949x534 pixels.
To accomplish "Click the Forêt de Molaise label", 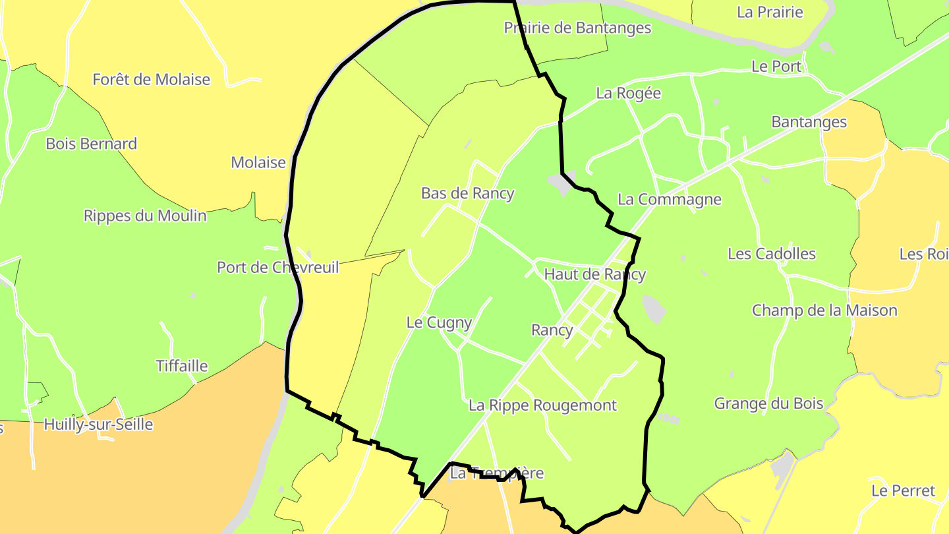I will coord(151,80).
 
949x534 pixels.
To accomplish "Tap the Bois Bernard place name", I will coord(91,144).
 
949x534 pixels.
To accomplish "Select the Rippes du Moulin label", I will coord(145,216).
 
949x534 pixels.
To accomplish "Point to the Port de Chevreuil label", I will coord(278,267).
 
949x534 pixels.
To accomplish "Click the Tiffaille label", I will coord(181,366).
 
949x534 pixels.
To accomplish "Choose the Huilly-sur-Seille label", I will coord(98,425).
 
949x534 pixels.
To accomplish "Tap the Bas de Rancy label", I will coord(467,193).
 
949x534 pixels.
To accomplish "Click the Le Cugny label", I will coord(439,322).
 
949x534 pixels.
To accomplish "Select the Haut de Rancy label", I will coord(594,274).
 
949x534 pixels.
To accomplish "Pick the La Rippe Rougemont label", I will coord(542,405).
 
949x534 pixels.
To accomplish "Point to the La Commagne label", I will coord(669,199).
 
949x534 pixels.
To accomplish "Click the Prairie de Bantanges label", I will coord(577,28).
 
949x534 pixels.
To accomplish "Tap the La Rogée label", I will coord(628,93).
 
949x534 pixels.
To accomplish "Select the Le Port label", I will coord(776,67).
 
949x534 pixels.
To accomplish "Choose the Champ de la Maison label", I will coord(824,311).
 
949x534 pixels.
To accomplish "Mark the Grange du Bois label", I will coord(768,403).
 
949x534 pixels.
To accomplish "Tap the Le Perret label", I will coord(903,490).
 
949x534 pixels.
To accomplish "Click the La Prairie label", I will coord(770,12).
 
